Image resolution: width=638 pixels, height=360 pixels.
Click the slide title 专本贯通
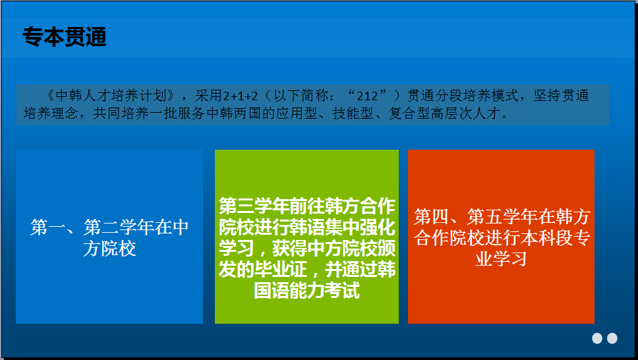(x=65, y=37)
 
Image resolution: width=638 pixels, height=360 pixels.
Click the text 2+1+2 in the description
(x=240, y=96)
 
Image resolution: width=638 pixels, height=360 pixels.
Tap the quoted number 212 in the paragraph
(x=367, y=96)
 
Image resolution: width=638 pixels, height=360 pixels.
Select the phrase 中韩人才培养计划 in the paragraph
(x=111, y=96)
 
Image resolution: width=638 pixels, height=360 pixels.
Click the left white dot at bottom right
(x=597, y=338)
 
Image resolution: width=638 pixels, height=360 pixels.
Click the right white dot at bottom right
(x=612, y=338)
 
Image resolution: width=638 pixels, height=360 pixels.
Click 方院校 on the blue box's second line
(x=109, y=249)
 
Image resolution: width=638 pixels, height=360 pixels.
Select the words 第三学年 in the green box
(x=254, y=206)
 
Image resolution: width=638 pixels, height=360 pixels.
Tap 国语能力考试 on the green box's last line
(x=306, y=290)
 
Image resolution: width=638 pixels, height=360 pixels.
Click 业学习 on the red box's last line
(x=502, y=259)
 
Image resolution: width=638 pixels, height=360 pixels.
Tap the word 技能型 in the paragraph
(x=353, y=113)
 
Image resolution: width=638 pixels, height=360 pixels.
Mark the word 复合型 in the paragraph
(x=409, y=113)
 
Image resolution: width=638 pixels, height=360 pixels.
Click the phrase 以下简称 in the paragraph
(x=301, y=96)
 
